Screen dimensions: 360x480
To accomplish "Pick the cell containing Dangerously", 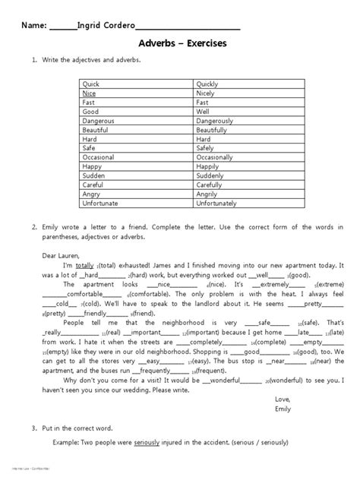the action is tap(216, 120).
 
